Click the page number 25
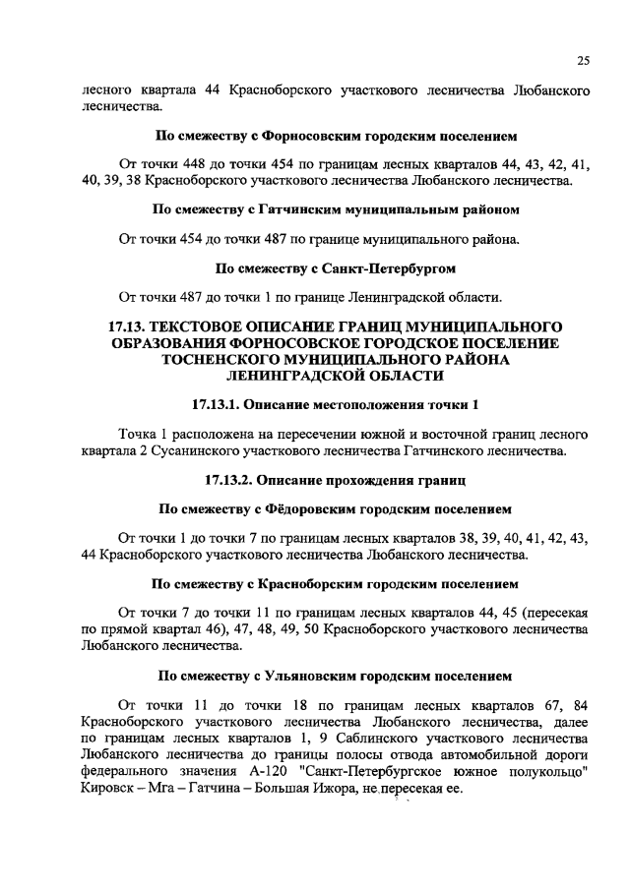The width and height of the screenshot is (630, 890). pos(583,61)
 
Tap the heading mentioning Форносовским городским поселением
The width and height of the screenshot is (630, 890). pos(337,136)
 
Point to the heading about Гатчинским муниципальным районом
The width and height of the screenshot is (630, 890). pos(337,209)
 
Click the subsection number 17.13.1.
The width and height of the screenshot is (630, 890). pos(215,405)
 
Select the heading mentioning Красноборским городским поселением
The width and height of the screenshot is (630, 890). pos(337,583)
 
